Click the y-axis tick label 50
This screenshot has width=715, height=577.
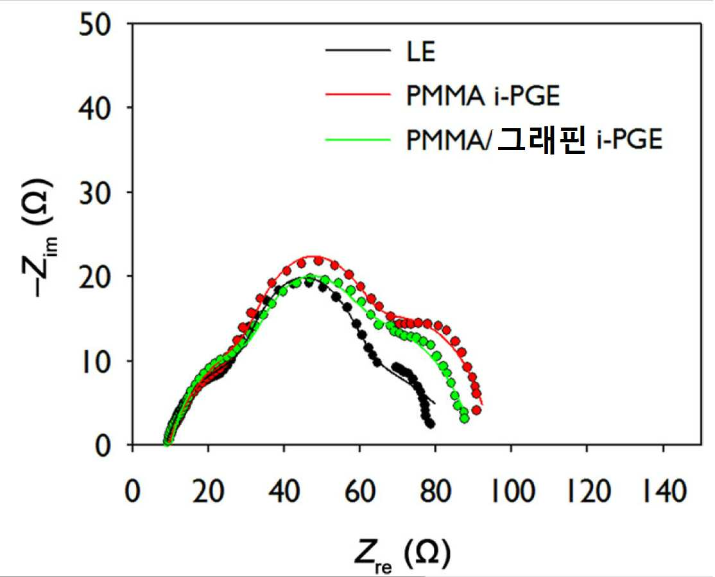click(95, 25)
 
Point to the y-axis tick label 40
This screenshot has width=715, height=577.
click(95, 109)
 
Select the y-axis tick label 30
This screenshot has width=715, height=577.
click(95, 193)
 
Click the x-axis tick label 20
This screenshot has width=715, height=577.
click(208, 492)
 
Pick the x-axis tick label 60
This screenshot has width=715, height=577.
click(359, 492)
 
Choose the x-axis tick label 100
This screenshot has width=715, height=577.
click(512, 492)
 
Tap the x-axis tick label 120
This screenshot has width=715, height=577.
click(587, 492)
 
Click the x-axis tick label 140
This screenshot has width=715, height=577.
click(664, 492)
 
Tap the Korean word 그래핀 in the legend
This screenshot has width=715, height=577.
click(541, 139)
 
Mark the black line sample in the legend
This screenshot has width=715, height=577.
click(358, 49)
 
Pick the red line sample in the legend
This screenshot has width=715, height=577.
click(358, 94)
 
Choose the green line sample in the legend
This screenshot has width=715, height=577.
click(358, 139)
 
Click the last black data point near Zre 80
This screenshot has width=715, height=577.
click(430, 424)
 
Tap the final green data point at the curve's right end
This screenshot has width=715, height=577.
click(464, 418)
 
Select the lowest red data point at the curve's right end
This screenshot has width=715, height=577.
click(476, 410)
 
